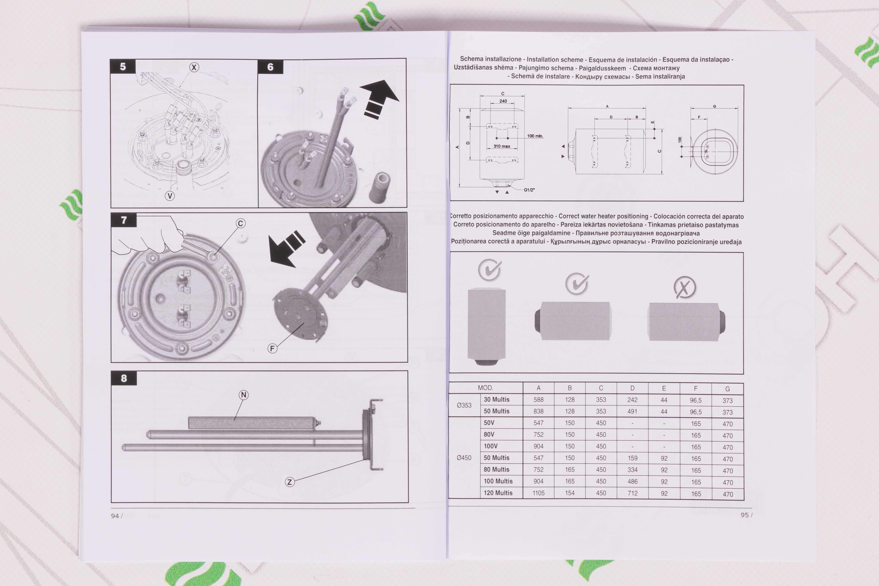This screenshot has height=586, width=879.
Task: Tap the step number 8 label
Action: (x=124, y=378)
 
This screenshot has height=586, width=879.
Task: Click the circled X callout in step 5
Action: (x=194, y=67)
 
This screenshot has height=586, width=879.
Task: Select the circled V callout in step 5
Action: (x=170, y=196)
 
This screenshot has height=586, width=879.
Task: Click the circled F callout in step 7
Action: (x=272, y=349)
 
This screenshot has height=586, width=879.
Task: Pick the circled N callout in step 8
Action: (x=244, y=395)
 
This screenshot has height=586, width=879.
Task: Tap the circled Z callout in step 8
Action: (x=290, y=482)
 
